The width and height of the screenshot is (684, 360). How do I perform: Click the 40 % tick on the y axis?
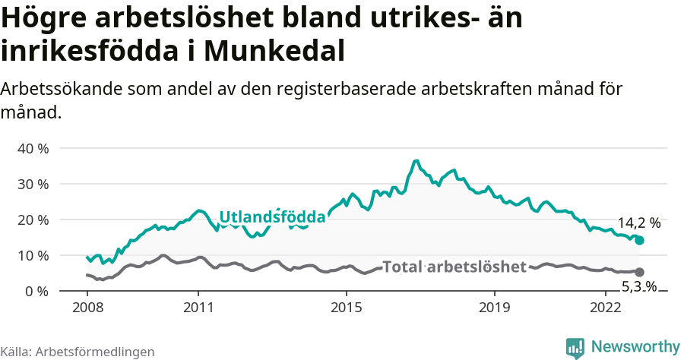tap(33, 148)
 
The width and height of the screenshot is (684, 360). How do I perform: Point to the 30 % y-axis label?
tap(33, 184)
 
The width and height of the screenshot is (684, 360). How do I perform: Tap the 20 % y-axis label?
tap(33, 219)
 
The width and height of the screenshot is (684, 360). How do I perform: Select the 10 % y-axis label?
tap(33, 255)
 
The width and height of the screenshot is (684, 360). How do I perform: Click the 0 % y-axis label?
tap(36, 291)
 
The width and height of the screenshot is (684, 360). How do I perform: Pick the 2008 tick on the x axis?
tap(87, 308)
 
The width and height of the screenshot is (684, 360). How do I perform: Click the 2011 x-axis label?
tap(198, 308)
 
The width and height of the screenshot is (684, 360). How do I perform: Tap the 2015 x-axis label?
tap(347, 308)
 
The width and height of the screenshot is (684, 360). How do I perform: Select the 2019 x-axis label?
tap(495, 308)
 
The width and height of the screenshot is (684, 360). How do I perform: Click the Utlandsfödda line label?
tap(272, 217)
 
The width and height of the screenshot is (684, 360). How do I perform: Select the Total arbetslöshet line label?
tap(454, 267)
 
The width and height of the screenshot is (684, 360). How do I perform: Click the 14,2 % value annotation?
tap(638, 223)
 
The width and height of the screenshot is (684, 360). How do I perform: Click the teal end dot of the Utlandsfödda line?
tap(640, 240)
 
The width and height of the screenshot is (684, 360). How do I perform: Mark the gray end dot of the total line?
tap(640, 272)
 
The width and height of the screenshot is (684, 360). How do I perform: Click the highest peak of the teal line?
tap(416, 161)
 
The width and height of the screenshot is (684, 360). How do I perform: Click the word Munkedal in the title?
tap(275, 51)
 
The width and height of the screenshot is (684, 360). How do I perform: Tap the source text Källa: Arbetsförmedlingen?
tap(78, 352)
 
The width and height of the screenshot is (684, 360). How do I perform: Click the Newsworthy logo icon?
tap(575, 347)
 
